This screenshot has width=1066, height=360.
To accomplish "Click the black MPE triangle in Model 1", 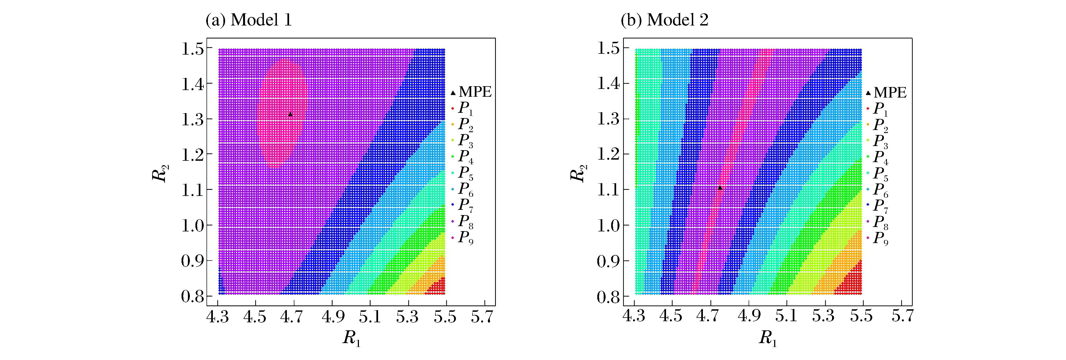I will pos(290,114).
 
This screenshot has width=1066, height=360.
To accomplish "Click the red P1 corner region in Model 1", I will pos(437,286).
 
